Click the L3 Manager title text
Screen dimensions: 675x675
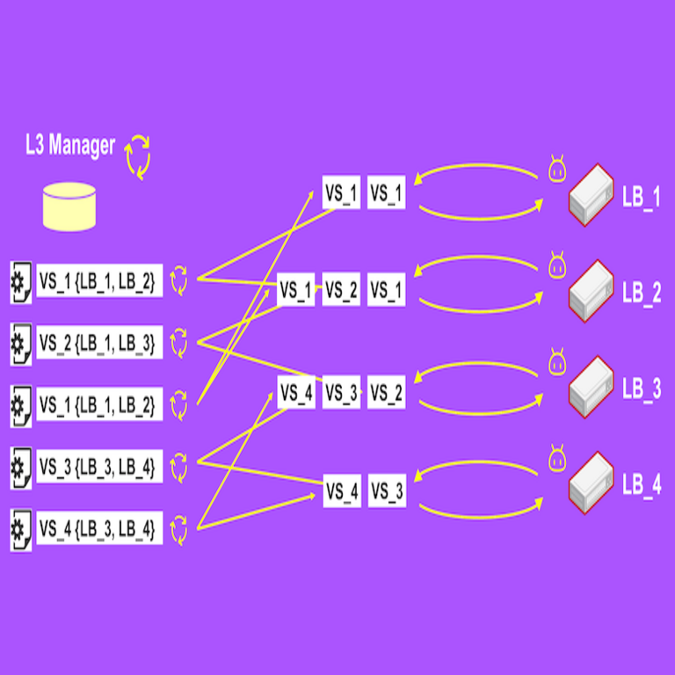click(70, 145)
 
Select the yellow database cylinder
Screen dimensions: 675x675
click(69, 207)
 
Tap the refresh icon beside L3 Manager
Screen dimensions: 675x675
click(137, 156)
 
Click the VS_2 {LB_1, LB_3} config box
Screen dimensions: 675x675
click(98, 341)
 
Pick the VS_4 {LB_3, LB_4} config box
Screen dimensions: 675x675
click(98, 529)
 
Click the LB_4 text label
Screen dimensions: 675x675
click(641, 485)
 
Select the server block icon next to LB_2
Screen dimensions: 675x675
click(591, 292)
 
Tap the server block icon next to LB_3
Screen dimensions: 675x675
click(591, 388)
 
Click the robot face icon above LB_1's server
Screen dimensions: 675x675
click(555, 169)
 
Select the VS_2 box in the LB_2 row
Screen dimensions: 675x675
click(341, 290)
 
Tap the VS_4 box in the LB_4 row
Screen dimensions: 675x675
click(341, 490)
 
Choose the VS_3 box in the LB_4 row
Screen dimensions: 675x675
click(386, 490)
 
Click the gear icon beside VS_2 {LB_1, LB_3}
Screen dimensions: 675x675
click(20, 341)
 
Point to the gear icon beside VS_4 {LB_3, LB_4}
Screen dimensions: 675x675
click(20, 529)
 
